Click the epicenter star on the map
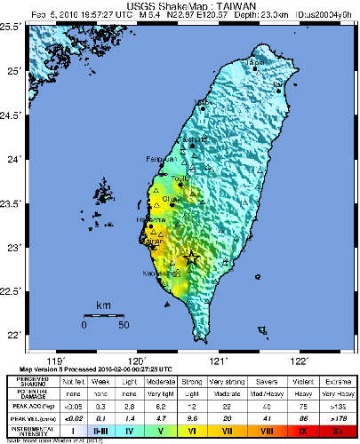point(190,258)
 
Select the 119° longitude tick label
point(55,361)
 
